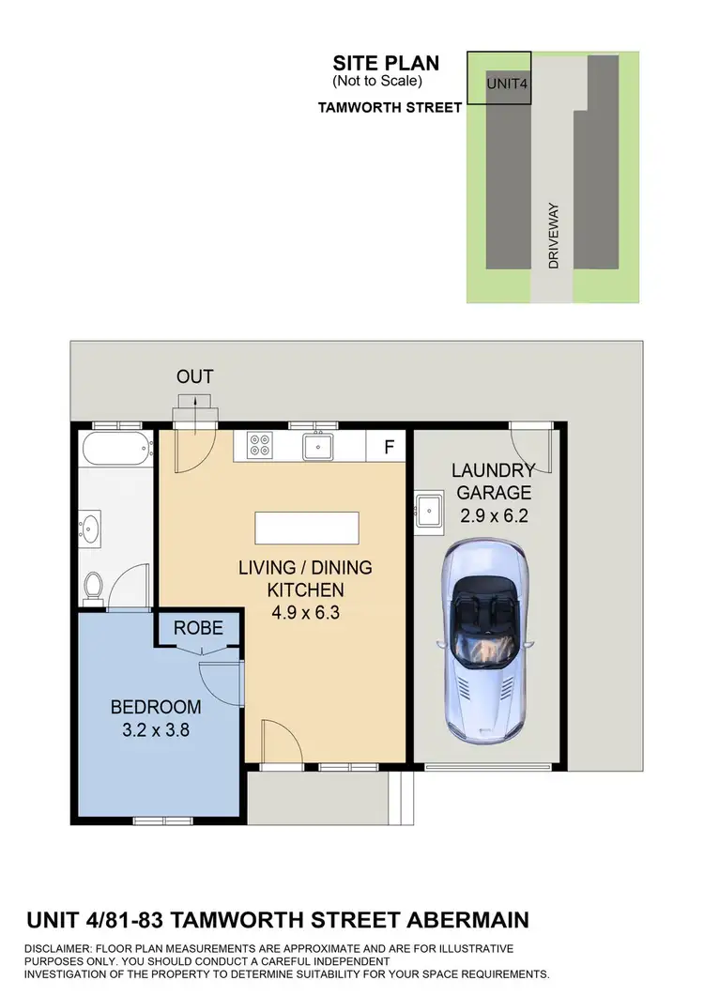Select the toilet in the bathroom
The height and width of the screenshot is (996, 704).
click(93, 586)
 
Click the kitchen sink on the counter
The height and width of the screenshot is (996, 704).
click(319, 446)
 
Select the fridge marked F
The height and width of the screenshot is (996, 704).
click(389, 448)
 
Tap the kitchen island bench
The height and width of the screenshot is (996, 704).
click(307, 528)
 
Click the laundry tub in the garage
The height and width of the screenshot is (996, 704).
click(430, 511)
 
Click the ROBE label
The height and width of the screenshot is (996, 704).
click(198, 628)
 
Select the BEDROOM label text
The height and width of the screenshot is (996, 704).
click(156, 707)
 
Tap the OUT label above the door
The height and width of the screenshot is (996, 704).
click(195, 376)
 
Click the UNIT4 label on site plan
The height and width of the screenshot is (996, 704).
click(506, 84)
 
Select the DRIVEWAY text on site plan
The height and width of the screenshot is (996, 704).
click(554, 236)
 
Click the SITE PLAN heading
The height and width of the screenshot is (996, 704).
click(385, 64)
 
